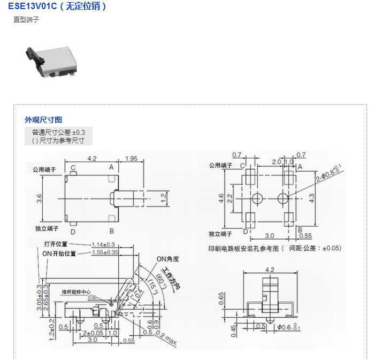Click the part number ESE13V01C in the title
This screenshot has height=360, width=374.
click(32, 6)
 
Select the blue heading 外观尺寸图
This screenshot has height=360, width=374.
click(43, 119)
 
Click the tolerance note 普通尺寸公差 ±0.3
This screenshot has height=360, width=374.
click(58, 132)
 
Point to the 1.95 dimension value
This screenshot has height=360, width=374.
click(131, 158)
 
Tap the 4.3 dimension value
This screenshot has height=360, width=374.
click(312, 197)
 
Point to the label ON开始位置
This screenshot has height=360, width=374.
click(59, 254)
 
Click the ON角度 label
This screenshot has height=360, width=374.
click(167, 259)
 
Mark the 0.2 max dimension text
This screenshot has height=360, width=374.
click(168, 336)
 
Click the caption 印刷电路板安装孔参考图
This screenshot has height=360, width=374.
click(243, 248)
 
